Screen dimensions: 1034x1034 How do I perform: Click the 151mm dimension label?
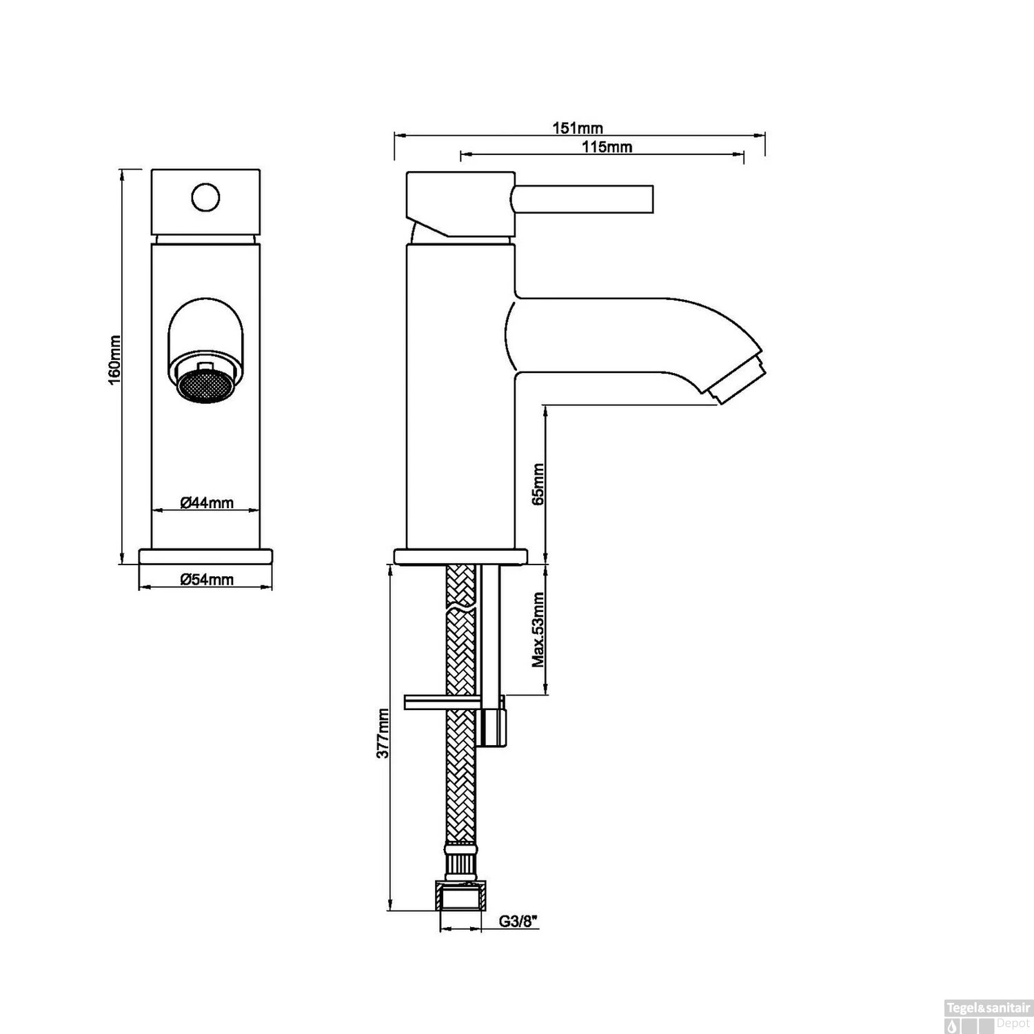(578, 128)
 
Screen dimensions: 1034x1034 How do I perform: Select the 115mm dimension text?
(607, 147)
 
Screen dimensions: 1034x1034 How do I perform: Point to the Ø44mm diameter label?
(207, 503)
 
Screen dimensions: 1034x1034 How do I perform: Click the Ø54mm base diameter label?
(207, 580)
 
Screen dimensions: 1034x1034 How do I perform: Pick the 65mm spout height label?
(538, 484)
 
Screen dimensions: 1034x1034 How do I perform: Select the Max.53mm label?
(538, 630)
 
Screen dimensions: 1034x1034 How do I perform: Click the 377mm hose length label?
(383, 733)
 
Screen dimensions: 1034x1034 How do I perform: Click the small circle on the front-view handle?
(205, 198)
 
